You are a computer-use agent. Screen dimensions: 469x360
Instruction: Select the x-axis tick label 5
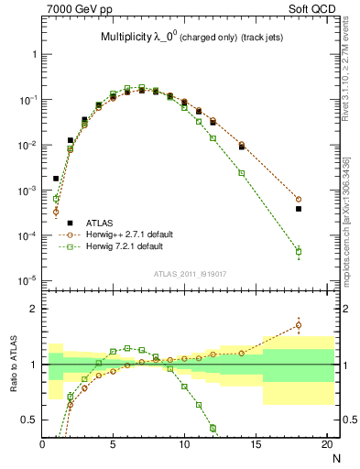[x=113, y=445]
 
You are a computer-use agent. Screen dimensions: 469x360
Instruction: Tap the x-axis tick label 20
[x=326, y=445]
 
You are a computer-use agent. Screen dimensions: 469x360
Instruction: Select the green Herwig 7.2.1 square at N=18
[x=299, y=251]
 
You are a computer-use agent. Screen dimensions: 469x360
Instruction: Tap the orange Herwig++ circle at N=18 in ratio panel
[x=299, y=324]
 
